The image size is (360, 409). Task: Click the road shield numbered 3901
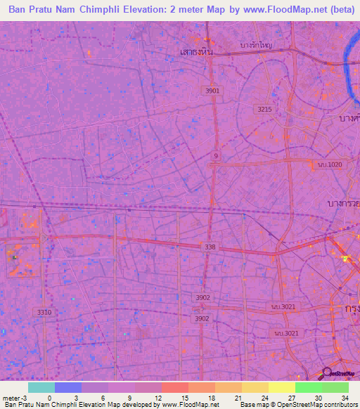click(212, 91)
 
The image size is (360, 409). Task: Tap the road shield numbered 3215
click(265, 110)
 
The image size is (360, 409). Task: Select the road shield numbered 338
click(210, 247)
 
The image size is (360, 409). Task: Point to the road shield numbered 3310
click(44, 311)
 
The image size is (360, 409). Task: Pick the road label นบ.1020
click(328, 164)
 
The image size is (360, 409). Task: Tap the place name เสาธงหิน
click(196, 52)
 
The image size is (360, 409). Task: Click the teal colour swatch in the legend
click(41, 387)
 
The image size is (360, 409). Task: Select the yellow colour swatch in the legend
click(281, 387)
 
